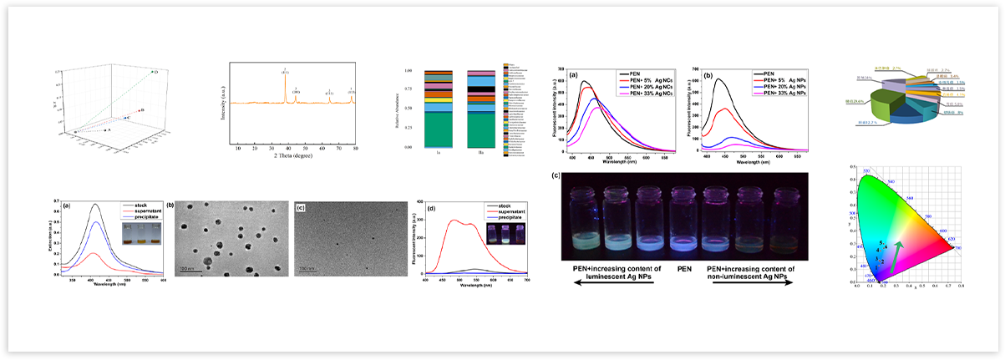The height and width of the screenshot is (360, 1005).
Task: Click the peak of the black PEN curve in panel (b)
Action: tap(718, 79)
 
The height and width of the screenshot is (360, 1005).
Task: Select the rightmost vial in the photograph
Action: tap(786, 219)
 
